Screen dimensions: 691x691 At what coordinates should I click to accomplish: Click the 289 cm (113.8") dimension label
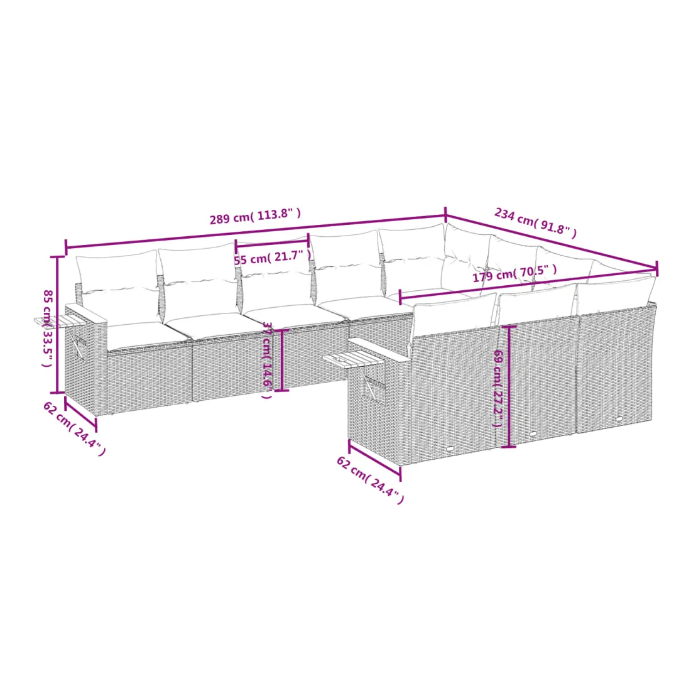point(255,216)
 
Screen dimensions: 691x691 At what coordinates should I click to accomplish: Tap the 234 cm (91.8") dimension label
point(535,222)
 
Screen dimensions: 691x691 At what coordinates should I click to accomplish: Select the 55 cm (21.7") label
point(273,258)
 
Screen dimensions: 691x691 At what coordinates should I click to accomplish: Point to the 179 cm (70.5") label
point(514,273)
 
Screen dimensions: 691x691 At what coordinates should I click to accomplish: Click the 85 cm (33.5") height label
point(47,329)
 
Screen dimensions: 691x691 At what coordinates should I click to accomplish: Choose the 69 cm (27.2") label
point(498,388)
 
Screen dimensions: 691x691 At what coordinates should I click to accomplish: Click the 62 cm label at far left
point(74,428)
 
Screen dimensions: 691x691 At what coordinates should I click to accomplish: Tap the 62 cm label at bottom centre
point(370,480)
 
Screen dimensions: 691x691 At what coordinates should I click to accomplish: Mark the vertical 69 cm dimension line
point(509,386)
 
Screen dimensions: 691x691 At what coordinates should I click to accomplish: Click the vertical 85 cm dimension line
point(57,324)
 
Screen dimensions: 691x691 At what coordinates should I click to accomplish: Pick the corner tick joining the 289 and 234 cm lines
point(445,215)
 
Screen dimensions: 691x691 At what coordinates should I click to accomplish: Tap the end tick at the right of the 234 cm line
point(656,268)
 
